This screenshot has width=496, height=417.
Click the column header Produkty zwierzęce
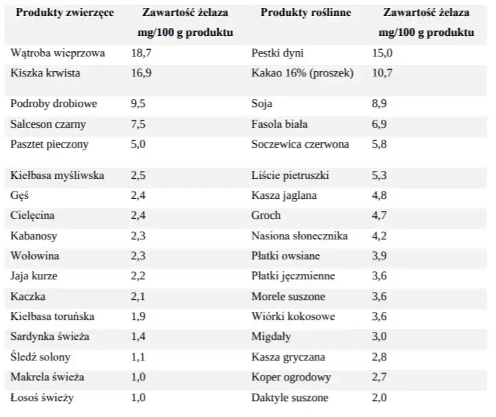coord(64,13)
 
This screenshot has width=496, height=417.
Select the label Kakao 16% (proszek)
coord(303,73)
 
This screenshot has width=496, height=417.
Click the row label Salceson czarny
coord(49,124)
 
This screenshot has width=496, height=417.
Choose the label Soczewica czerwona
coord(301,144)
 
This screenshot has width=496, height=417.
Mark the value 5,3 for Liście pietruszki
coord(379,176)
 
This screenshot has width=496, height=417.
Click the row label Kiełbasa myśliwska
coord(57,176)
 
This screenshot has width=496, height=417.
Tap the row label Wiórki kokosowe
coord(293,317)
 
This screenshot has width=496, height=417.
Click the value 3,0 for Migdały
coord(379,337)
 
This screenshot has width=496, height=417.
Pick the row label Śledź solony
coord(41,357)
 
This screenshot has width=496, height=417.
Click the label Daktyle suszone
coord(290,398)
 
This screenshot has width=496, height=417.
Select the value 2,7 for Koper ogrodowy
coord(379,377)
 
